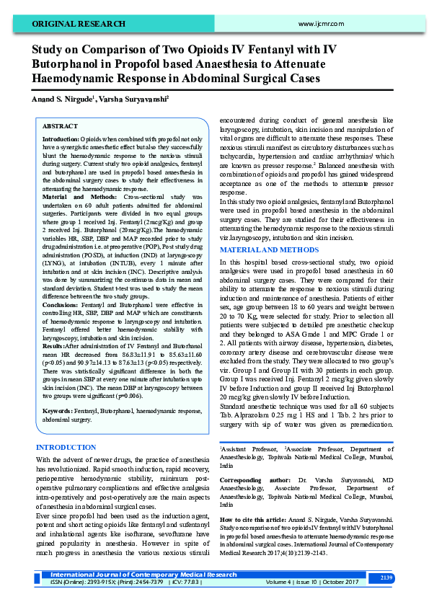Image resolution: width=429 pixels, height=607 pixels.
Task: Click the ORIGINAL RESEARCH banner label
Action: pos(79,24)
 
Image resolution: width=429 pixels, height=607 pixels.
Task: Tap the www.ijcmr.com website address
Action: pos(319,25)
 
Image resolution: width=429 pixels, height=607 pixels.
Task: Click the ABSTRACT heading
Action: pos(60,125)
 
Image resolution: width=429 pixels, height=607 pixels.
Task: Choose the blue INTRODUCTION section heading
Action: pos(66,448)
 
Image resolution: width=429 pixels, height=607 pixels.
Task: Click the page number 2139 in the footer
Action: pos(386,577)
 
